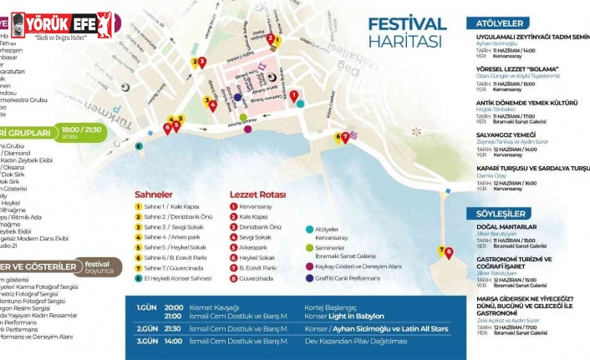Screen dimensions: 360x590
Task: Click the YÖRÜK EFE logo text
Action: [63, 23]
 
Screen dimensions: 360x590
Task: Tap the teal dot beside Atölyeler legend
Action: [310, 228]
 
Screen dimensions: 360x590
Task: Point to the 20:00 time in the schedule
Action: [174, 306]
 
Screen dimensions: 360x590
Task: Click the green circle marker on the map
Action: [140, 145]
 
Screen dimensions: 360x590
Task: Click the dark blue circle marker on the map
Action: [238, 97]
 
